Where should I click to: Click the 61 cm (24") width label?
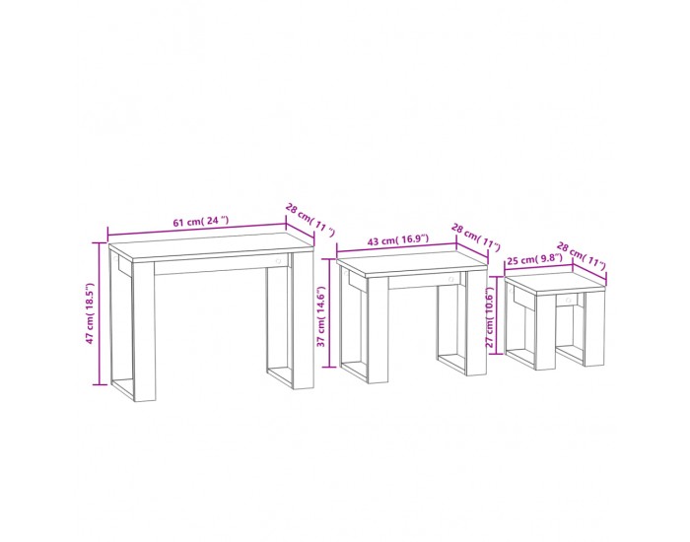(201, 222)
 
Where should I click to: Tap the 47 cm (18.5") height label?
(91, 312)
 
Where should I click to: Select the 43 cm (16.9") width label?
(398, 240)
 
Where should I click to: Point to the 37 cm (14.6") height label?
(321, 316)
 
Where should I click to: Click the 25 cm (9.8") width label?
(534, 259)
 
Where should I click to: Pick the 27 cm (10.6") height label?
(490, 317)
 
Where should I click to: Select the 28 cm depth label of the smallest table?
(581, 255)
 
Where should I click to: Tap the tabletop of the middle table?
(412, 264)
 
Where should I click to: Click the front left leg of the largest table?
(144, 331)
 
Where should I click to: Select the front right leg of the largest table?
(303, 320)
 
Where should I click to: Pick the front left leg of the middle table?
(378, 330)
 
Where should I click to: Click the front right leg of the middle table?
(476, 323)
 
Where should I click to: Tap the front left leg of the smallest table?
(545, 332)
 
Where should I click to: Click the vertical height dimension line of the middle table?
(329, 312)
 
